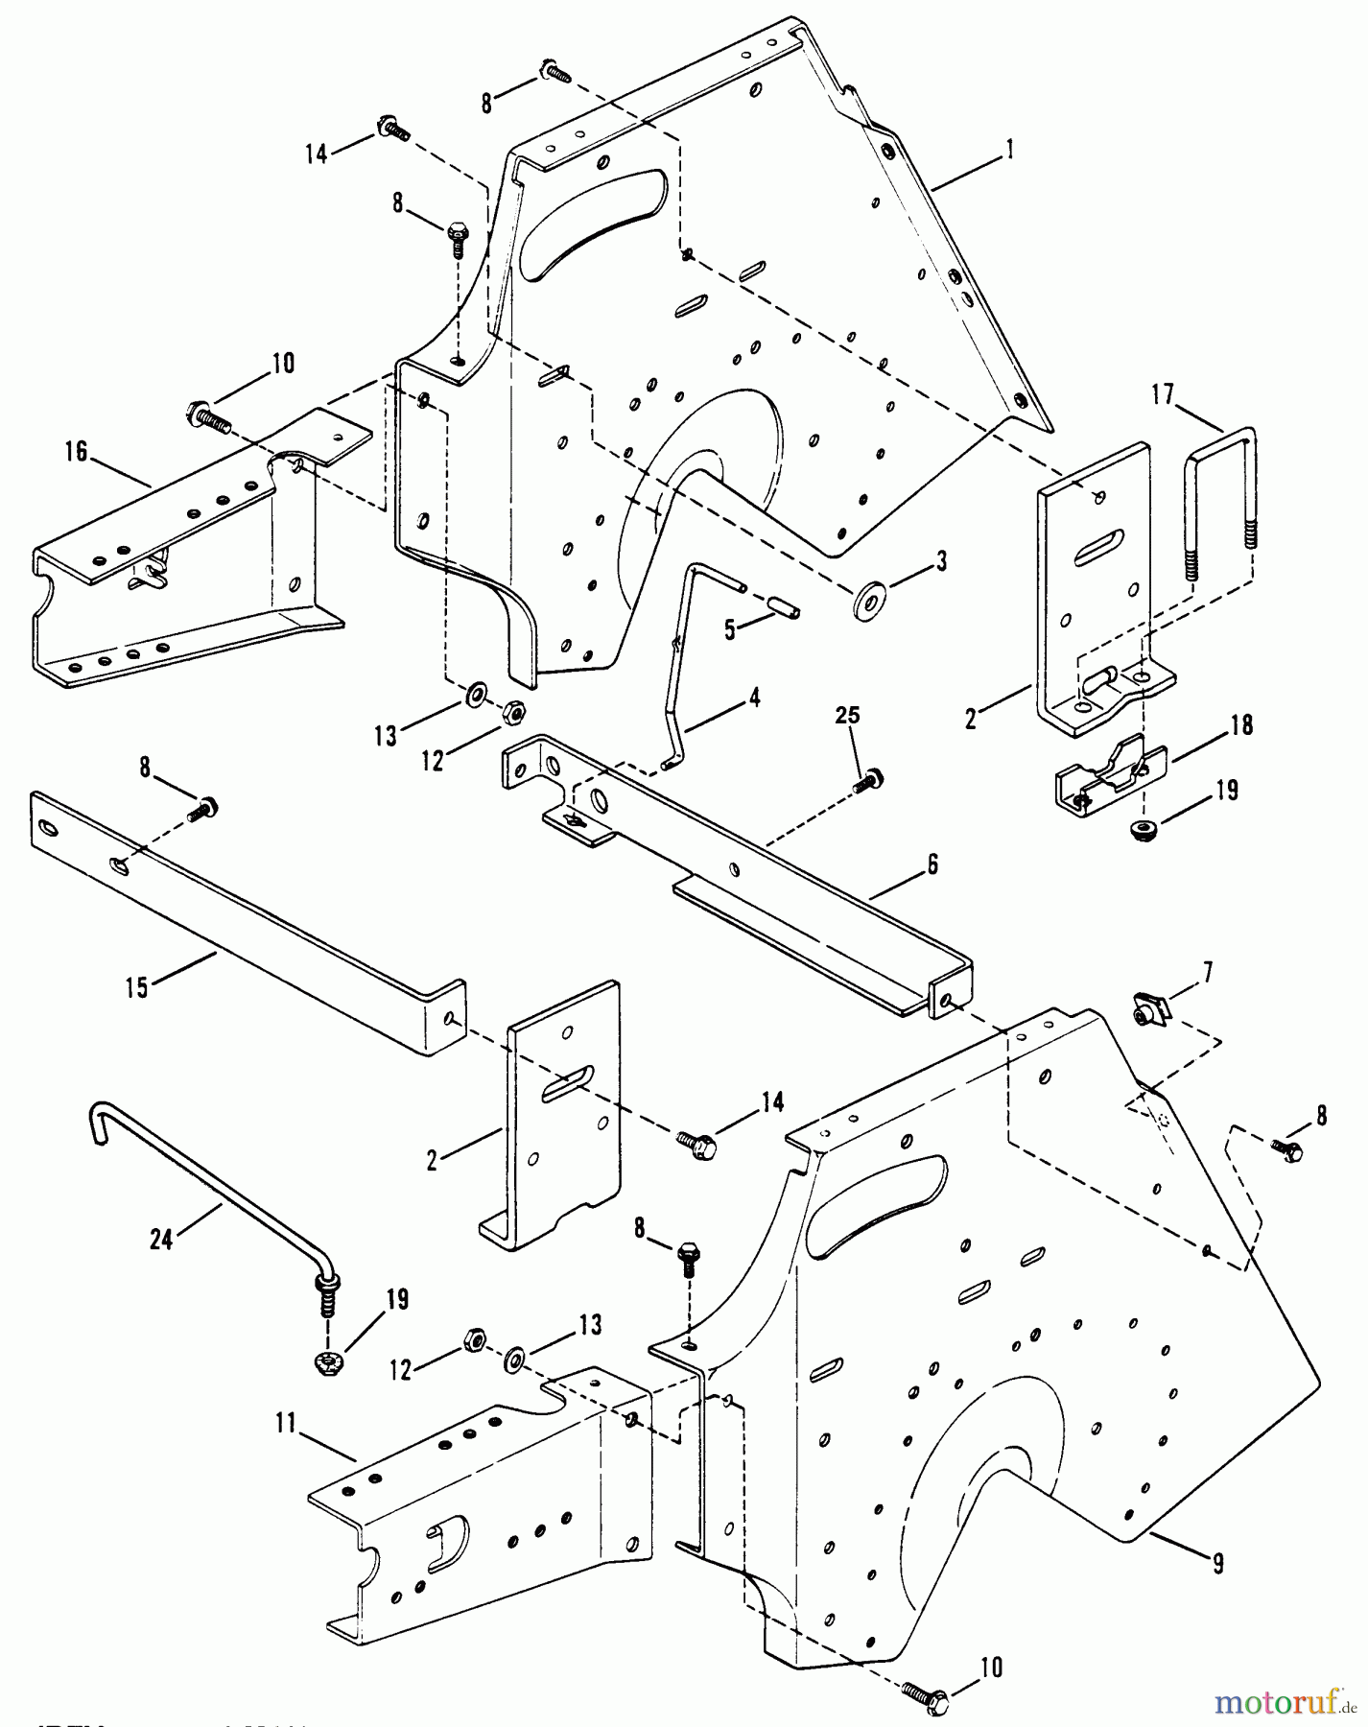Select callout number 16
click(76, 452)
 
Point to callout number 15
click(137, 986)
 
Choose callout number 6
click(932, 864)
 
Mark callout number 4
click(755, 698)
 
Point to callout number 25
click(847, 716)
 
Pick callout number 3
click(941, 562)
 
